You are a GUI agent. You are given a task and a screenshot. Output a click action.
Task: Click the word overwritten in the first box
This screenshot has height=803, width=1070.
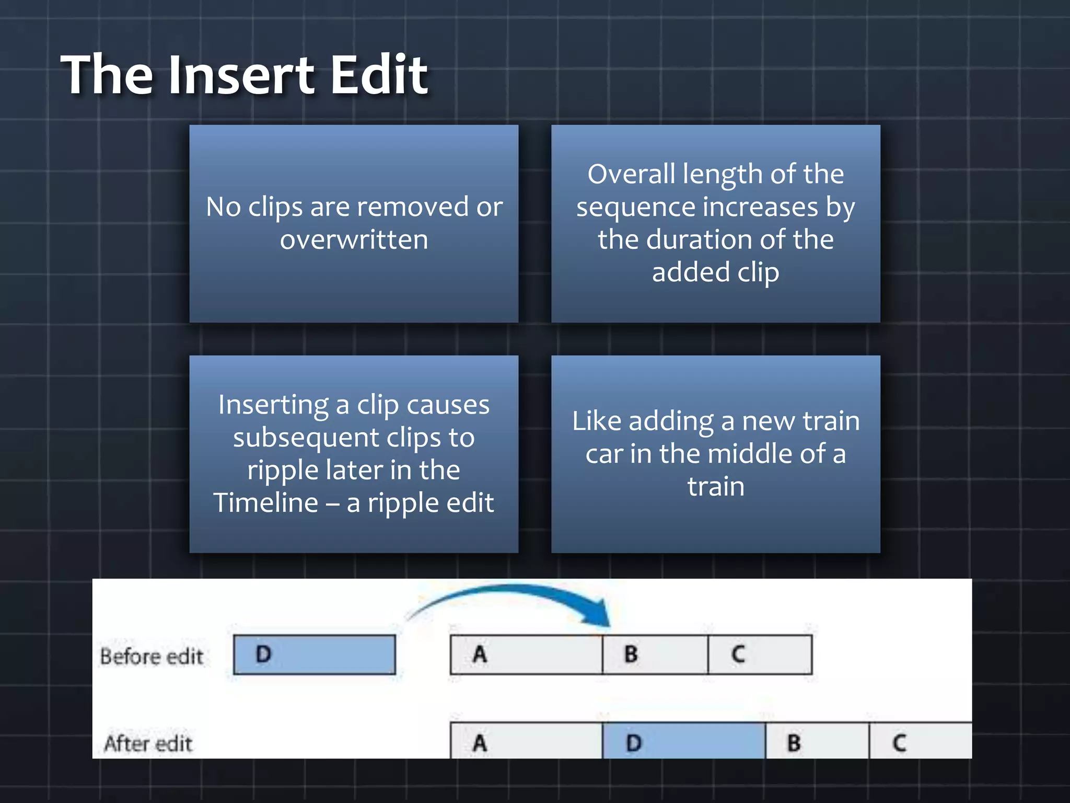coord(354,240)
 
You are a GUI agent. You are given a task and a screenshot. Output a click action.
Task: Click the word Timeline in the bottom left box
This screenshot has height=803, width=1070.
coord(265,503)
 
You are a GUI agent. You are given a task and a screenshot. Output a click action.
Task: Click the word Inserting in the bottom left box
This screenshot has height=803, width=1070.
coord(273,405)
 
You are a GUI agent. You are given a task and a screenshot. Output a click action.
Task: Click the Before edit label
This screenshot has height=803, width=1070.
coord(152,657)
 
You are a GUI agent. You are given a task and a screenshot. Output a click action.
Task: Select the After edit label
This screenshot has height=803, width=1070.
coord(148,743)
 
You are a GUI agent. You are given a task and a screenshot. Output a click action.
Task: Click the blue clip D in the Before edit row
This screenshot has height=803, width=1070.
coord(315,655)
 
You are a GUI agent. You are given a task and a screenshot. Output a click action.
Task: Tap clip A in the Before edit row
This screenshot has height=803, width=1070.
coord(526,655)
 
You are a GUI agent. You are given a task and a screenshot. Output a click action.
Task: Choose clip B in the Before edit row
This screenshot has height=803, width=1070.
coord(655,655)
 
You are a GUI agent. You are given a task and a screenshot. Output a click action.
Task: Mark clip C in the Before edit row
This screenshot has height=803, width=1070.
coord(760,655)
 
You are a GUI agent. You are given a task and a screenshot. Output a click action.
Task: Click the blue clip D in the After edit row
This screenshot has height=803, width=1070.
coord(684,741)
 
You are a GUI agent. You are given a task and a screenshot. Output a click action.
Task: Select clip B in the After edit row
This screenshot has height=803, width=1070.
coord(817,741)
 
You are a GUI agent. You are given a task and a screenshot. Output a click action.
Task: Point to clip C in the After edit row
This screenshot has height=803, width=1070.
coord(920,741)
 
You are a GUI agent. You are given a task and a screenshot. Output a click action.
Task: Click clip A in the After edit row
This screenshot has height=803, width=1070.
coord(526,741)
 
